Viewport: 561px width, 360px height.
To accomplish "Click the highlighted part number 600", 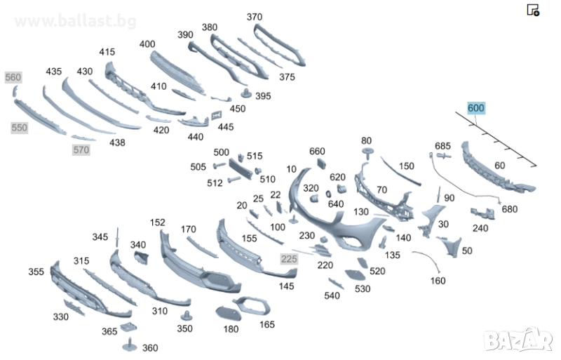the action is point(476,108).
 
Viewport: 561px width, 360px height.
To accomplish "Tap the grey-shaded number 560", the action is point(13,77).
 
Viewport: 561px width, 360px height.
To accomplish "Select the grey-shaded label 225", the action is point(289,259).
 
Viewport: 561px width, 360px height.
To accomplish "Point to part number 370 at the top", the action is point(255,17).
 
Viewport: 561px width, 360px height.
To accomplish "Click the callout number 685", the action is point(442,146).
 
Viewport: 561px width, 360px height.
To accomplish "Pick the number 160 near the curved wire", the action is point(438,281).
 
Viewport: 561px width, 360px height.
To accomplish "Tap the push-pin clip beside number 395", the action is point(246,93).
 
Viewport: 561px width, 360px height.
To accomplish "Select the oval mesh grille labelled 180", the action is point(229,314).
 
